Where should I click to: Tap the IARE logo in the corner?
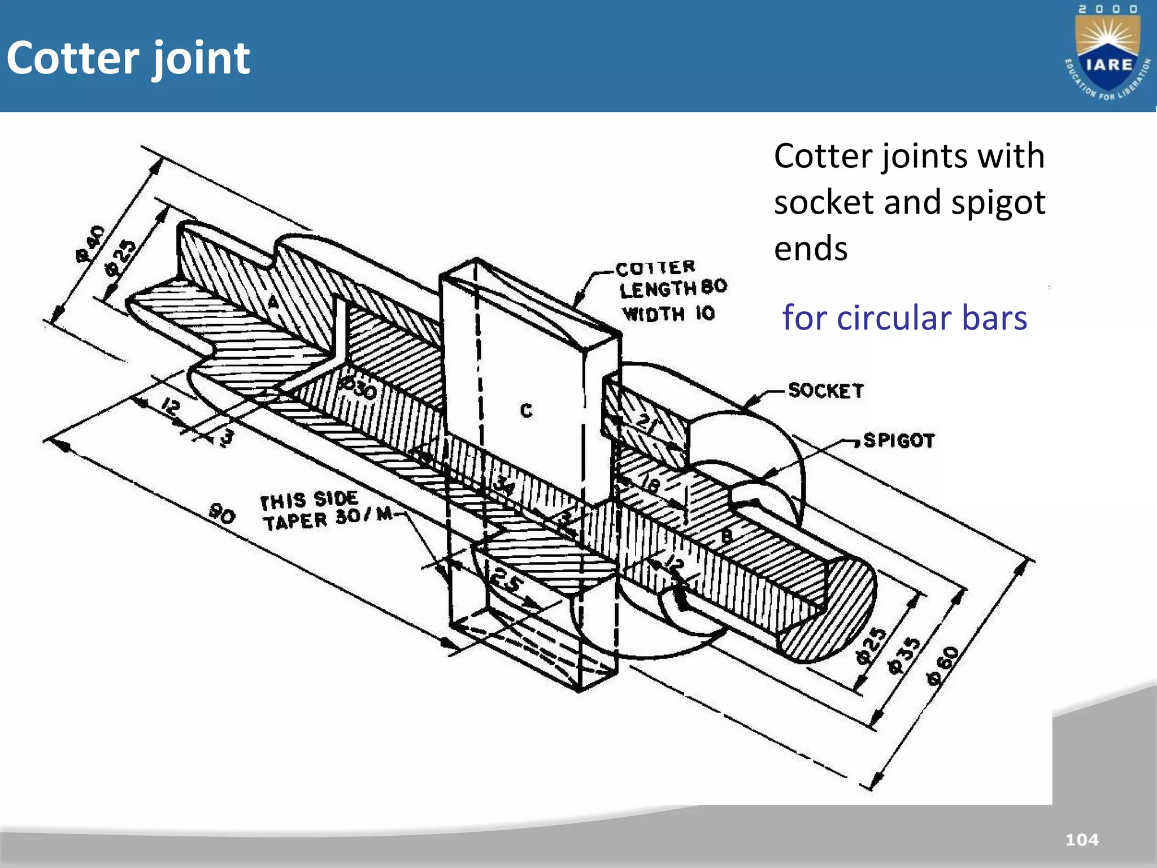click(1107, 54)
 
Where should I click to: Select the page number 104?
click(1082, 840)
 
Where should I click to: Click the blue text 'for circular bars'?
click(904, 318)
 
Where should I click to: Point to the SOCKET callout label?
click(826, 390)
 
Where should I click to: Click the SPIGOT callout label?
click(899, 440)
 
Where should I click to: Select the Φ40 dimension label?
click(90, 244)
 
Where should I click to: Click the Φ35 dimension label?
click(904, 656)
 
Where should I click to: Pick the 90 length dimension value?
click(222, 514)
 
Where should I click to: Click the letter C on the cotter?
click(526, 410)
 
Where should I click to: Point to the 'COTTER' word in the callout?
click(655, 268)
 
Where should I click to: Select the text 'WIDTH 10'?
click(668, 314)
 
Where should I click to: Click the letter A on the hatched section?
click(273, 302)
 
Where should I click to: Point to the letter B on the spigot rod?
click(727, 535)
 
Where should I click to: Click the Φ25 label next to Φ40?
click(120, 258)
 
